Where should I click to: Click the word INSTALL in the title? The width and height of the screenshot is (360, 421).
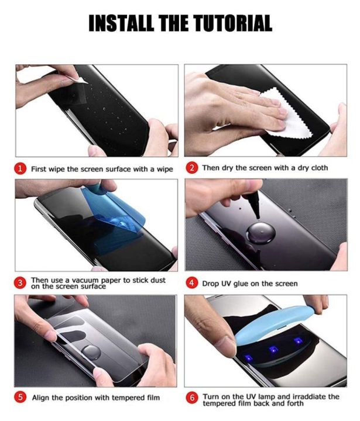118,23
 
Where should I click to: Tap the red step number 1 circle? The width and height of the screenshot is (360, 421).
20,169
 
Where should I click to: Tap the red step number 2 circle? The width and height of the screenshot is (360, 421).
192,168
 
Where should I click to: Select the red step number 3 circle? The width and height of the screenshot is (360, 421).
20,283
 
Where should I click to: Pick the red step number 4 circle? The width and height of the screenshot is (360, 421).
192,284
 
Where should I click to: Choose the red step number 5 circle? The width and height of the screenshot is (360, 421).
20,398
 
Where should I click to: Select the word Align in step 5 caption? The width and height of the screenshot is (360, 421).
41,398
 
